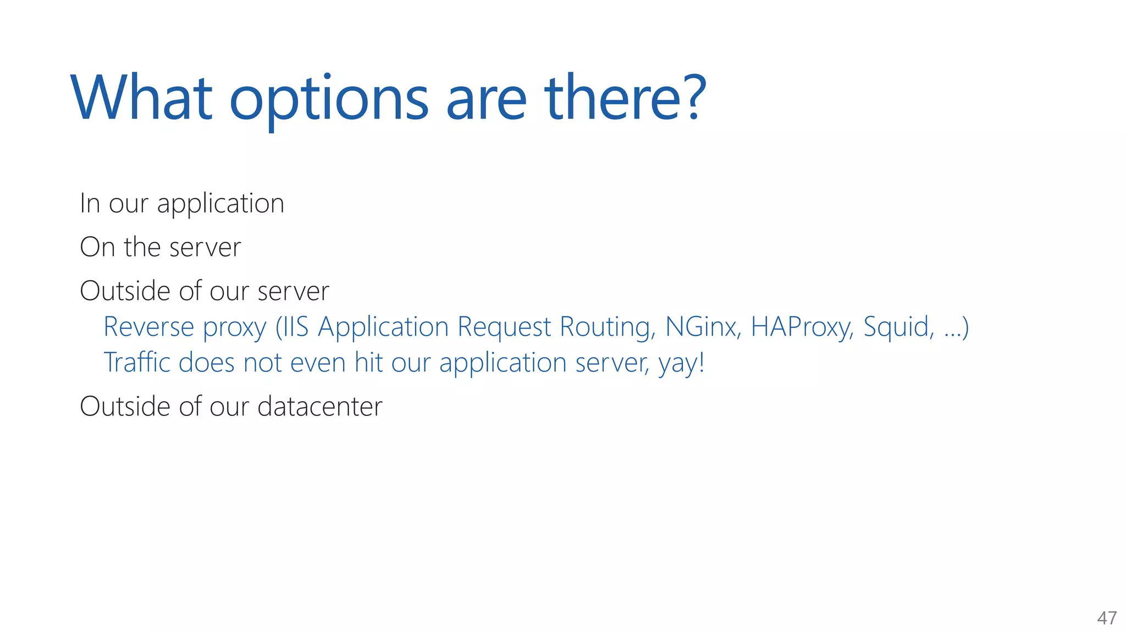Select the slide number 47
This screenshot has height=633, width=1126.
(x=1107, y=618)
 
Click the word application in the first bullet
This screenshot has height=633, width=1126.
(x=220, y=204)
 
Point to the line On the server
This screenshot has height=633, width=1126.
(x=160, y=247)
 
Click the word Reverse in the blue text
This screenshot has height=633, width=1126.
(x=148, y=327)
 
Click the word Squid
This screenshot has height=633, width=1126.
(x=898, y=328)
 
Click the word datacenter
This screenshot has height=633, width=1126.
(x=319, y=407)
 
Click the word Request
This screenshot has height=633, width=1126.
(x=504, y=328)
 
